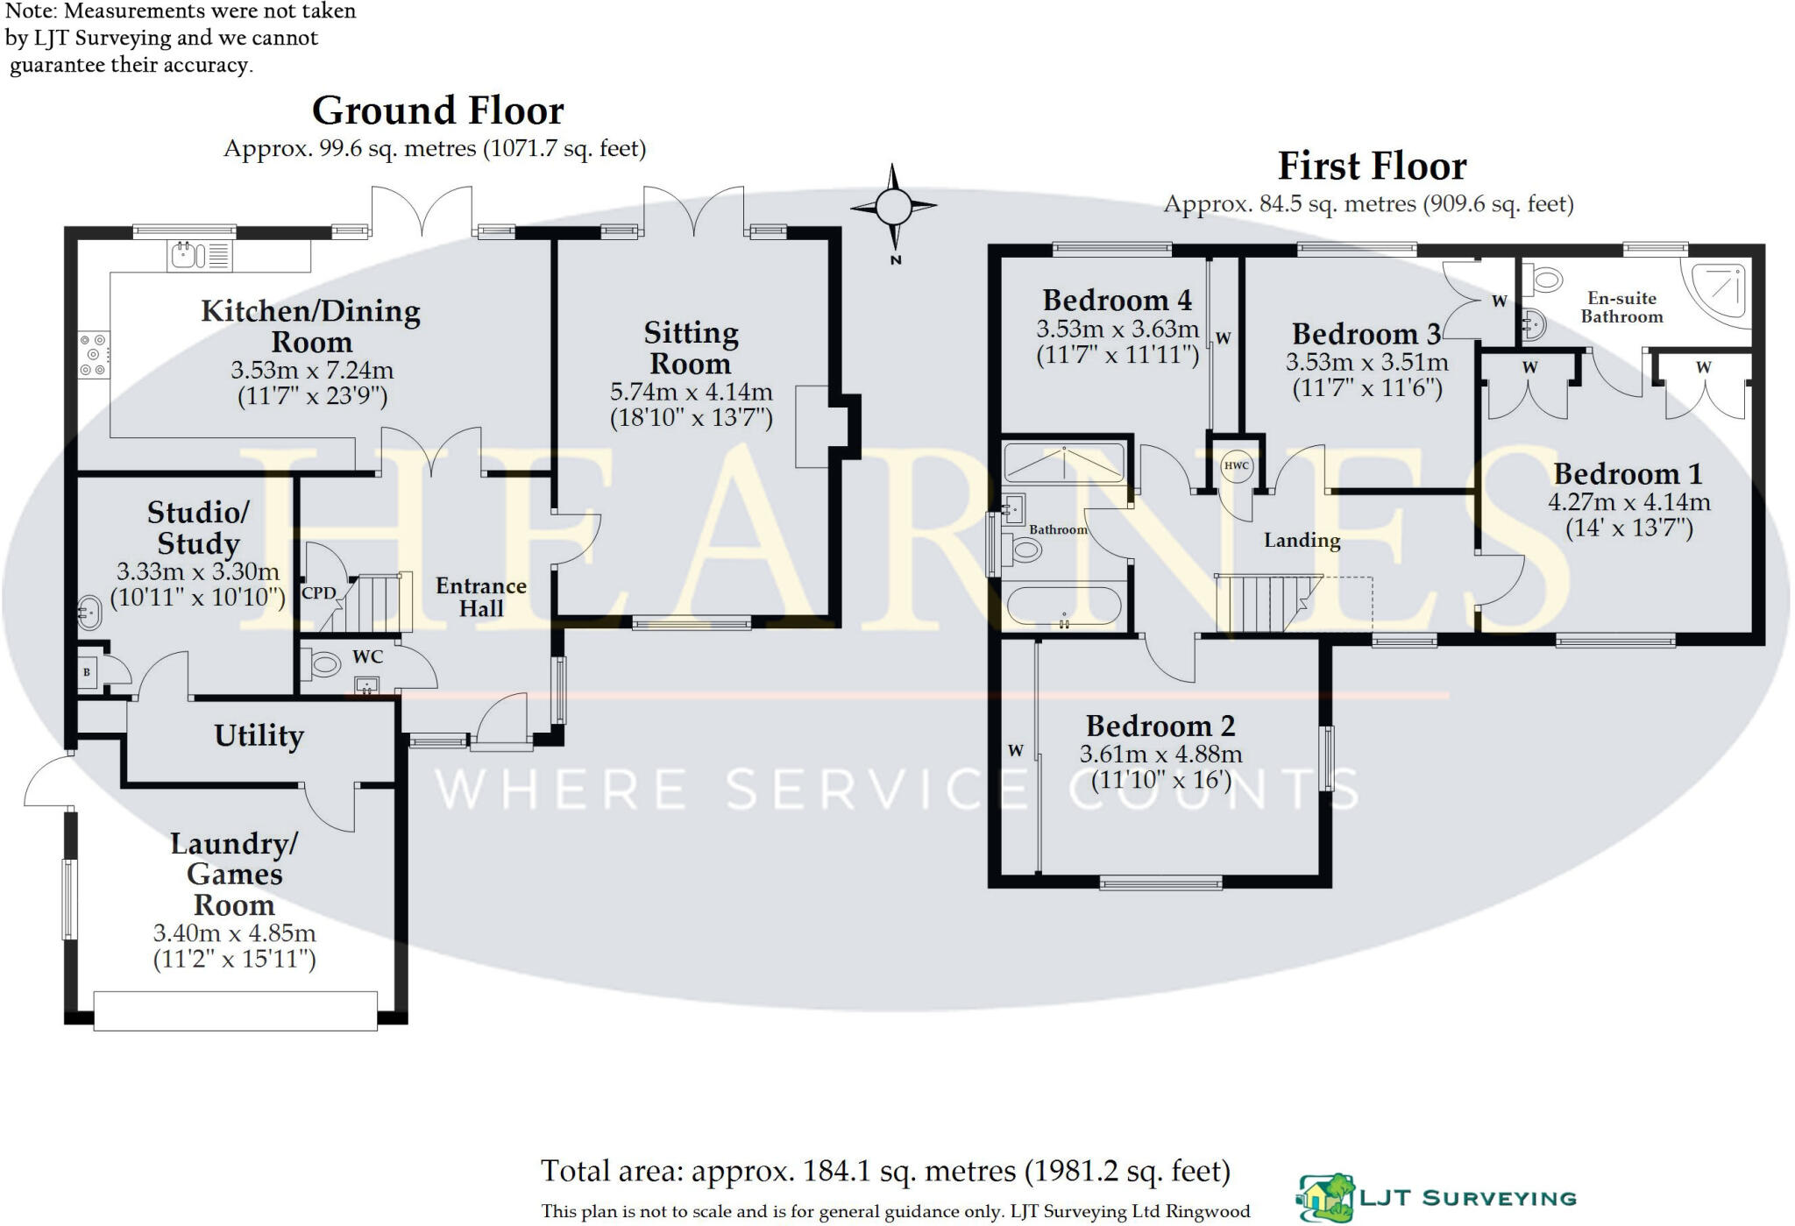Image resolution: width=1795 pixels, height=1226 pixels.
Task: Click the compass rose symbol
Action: click(893, 208)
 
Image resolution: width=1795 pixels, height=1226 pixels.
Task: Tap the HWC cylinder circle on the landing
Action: click(1236, 465)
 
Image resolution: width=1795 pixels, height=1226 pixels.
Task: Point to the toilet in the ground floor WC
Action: click(322, 664)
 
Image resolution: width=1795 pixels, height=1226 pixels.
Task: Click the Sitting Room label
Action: click(691, 348)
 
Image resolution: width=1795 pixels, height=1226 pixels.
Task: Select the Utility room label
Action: click(259, 735)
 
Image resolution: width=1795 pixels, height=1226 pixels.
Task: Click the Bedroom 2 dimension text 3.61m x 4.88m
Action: click(1160, 754)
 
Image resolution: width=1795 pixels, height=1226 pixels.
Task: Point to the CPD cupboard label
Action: click(318, 593)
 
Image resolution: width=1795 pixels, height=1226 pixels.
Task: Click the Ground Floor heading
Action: click(437, 111)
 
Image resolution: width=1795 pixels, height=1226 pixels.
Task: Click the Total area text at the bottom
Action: click(885, 1171)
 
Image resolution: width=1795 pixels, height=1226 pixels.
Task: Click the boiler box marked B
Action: click(88, 673)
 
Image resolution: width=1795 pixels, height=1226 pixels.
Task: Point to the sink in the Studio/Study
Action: click(89, 612)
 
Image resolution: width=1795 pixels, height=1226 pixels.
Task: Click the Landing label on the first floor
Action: click(1302, 540)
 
